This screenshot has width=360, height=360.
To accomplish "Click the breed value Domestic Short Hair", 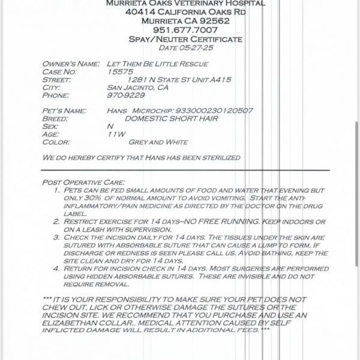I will (x=171, y=119).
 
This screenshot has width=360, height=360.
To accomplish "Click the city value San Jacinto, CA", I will (x=137, y=87).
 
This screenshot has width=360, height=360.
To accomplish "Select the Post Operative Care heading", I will (x=83, y=182).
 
